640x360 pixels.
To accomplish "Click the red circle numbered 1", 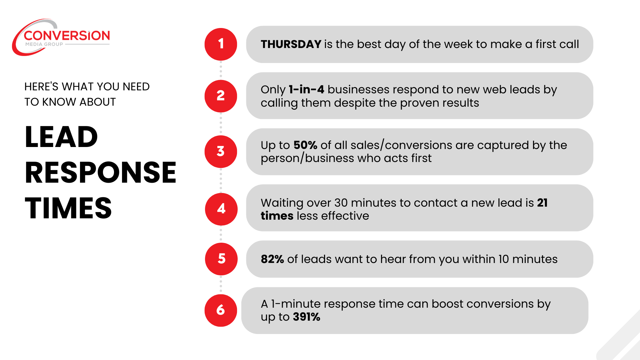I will click(x=221, y=44).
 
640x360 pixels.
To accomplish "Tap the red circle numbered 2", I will click(x=221, y=96).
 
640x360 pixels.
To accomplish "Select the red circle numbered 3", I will click(x=221, y=152).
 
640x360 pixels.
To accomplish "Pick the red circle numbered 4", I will click(x=221, y=209).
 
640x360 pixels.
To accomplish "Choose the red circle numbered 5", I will click(x=221, y=259).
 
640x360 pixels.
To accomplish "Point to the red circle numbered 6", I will click(x=221, y=310).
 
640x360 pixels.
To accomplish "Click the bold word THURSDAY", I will click(x=291, y=44).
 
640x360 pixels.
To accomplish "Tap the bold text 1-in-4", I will click(x=306, y=90).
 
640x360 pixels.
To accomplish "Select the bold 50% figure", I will click(x=305, y=145).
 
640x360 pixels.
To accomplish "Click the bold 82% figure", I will click(x=272, y=259).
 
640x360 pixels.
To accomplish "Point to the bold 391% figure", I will click(x=307, y=317).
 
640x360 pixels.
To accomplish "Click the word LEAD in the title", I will click(x=61, y=137).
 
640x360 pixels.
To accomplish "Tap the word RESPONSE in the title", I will click(x=100, y=173).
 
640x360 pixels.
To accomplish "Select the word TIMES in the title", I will click(x=68, y=208).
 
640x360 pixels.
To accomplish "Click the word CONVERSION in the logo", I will click(x=67, y=36).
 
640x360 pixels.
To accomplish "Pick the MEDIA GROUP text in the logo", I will click(x=44, y=44).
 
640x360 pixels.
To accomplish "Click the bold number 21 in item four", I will click(x=542, y=203).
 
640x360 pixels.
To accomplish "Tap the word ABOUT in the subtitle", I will click(x=98, y=102).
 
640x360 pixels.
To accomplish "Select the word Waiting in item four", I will click(x=282, y=203).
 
